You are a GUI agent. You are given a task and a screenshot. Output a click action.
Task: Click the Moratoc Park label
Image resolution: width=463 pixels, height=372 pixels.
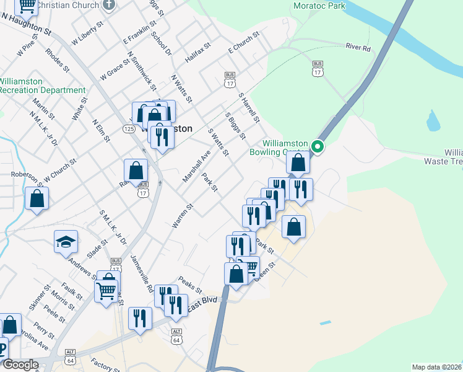pyautogui.click(x=319, y=6)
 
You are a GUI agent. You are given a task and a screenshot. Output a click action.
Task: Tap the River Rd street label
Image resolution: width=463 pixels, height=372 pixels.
pyautogui.click(x=358, y=47)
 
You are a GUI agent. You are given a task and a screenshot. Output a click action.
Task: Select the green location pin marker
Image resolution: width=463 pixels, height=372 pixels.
pyautogui.click(x=318, y=147)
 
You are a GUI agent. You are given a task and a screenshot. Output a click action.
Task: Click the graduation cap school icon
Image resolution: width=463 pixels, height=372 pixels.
pyautogui.click(x=66, y=242)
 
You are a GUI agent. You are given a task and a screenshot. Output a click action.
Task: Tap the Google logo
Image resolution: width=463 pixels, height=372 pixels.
pyautogui.click(x=20, y=365)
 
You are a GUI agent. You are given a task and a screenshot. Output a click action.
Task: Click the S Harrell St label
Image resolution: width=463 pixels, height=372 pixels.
pyautogui.click(x=249, y=107)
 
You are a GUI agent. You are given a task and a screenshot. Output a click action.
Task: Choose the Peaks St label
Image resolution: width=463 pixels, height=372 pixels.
pyautogui.click(x=190, y=285)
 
